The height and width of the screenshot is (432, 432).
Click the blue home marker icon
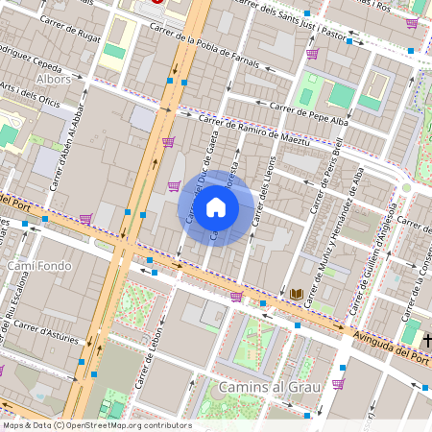(216, 207)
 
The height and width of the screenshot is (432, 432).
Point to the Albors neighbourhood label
(53, 78)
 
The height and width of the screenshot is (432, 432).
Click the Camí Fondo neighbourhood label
(39, 264)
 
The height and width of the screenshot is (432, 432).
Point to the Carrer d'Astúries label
(45, 332)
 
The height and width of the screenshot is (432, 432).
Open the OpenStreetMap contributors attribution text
(97, 425)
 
